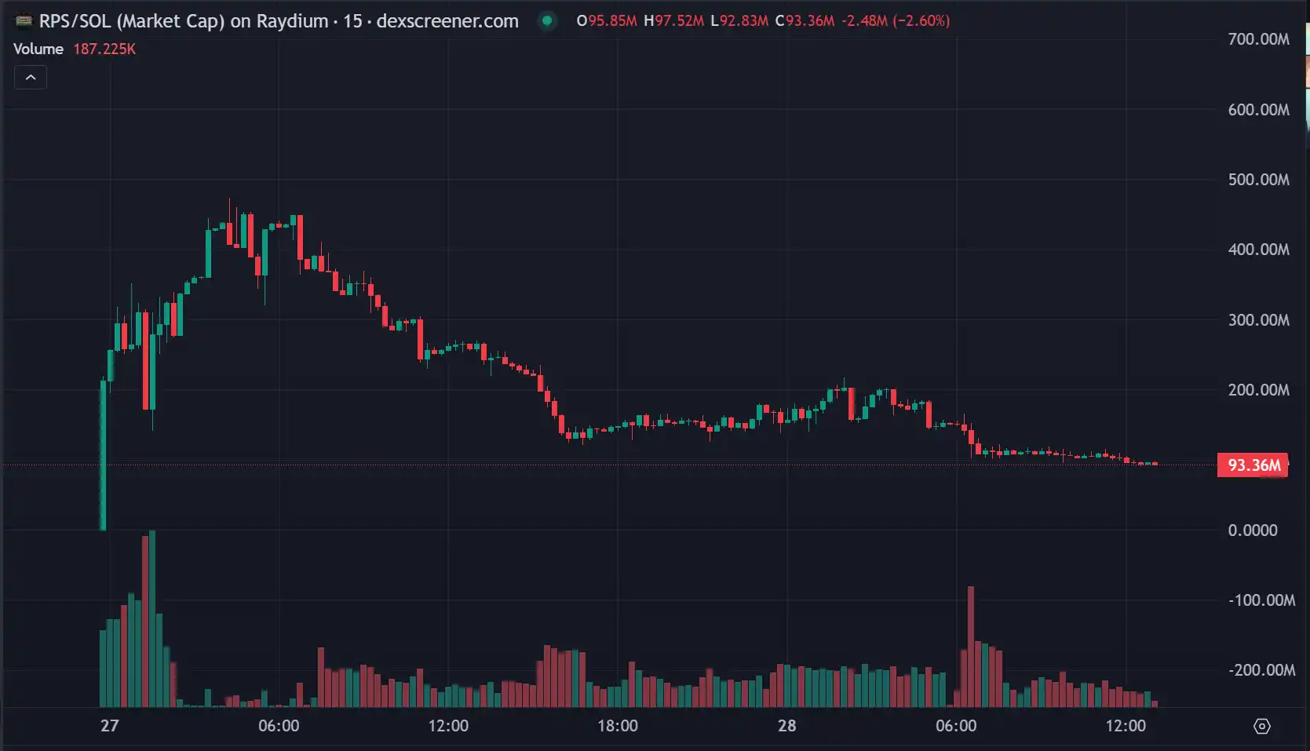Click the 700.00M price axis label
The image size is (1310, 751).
pos(1258,39)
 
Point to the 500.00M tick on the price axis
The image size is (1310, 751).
pos(1258,180)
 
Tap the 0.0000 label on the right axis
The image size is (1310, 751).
pos(1253,530)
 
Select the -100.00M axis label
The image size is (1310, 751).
pos(1261,600)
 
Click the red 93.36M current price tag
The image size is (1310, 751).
pos(1253,465)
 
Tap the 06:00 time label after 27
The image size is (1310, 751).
pos(279,726)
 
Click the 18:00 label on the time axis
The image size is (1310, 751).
pos(618,726)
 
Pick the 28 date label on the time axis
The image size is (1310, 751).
pos(786,726)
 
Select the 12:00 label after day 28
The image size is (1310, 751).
pos(1126,726)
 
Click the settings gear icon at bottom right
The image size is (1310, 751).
pos(1262,727)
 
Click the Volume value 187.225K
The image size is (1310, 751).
pos(104,49)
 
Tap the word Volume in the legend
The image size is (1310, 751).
pos(38,49)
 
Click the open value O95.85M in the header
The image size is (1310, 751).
pos(607,21)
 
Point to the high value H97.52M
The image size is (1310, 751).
pos(673,21)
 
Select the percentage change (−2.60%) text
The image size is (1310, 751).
pos(921,21)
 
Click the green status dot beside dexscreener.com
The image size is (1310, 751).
pos(547,21)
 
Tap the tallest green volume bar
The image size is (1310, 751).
pos(152,620)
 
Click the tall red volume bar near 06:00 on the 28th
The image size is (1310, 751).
pos(971,647)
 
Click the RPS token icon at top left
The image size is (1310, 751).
pos(24,21)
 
